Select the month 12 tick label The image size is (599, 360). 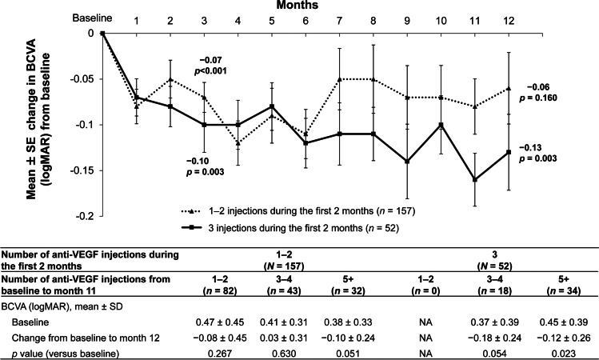(509, 18)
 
